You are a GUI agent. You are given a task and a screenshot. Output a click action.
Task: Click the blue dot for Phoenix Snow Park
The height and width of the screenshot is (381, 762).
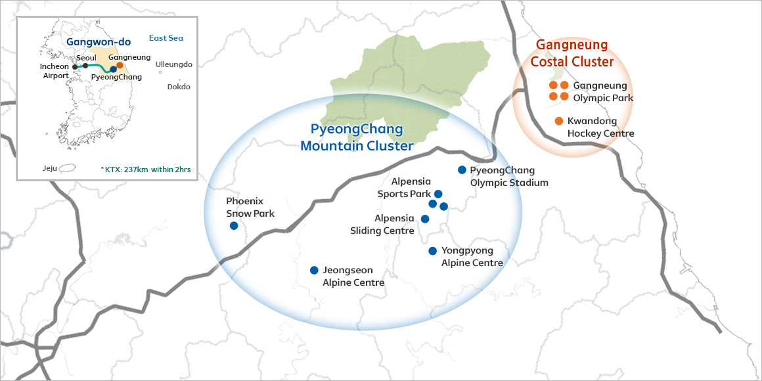[234, 226]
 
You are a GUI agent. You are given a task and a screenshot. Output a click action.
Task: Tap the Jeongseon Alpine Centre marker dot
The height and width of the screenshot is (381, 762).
[314, 270]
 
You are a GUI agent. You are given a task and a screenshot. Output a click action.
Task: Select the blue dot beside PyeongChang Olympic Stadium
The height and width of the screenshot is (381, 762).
[462, 169]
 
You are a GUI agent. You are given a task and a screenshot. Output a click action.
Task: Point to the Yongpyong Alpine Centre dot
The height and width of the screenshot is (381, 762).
[432, 251]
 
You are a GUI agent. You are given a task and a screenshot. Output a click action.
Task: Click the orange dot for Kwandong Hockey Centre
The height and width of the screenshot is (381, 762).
[558, 121]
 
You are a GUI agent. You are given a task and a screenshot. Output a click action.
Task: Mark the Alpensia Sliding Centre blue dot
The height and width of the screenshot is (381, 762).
[424, 219]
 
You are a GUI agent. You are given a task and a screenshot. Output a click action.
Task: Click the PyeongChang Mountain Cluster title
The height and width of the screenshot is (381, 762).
[357, 137]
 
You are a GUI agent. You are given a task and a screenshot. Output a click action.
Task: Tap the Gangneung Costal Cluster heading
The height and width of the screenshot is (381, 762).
[571, 53]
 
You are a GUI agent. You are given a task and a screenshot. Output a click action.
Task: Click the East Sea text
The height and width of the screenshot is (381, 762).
[166, 38]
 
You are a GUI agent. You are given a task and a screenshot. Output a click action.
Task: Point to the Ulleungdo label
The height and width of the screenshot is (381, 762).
[173, 64]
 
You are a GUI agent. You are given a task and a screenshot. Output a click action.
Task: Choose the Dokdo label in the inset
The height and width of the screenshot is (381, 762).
[178, 87]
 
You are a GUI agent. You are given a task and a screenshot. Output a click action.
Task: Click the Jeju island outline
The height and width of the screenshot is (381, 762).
[67, 168]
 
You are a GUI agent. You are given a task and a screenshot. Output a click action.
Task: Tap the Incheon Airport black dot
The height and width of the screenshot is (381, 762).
[75, 67]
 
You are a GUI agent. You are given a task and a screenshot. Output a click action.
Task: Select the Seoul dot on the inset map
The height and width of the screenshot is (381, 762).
[85, 66]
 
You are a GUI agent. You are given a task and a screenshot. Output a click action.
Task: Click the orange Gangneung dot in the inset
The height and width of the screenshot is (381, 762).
[120, 65]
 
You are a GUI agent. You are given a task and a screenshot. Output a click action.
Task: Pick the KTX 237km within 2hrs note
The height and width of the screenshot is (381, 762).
[146, 169]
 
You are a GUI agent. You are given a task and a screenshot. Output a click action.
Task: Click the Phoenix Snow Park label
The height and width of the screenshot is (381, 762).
[250, 207]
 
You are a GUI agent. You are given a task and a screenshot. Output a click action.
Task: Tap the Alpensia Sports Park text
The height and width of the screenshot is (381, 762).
[404, 187]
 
